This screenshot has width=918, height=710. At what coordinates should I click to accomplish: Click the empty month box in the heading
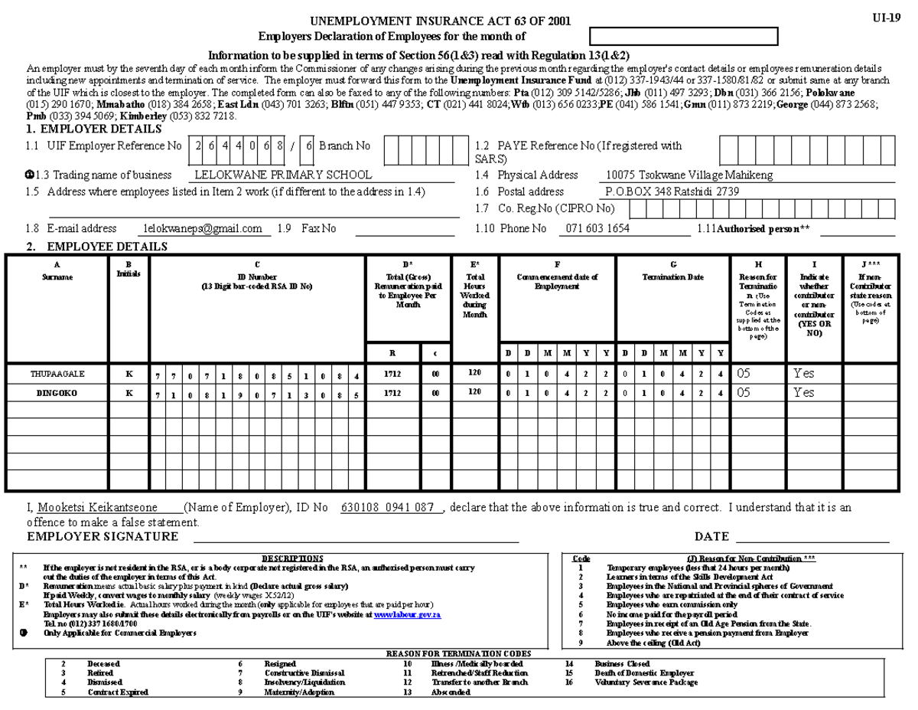click(684, 36)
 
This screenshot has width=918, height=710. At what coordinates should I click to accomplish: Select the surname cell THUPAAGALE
click(57, 375)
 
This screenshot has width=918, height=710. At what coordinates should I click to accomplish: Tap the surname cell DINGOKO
click(57, 393)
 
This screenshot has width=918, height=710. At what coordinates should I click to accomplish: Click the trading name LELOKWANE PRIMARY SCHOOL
click(283, 175)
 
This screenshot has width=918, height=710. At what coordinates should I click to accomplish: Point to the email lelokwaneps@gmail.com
click(203, 228)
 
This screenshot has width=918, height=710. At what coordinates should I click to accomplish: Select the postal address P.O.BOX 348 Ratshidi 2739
click(672, 192)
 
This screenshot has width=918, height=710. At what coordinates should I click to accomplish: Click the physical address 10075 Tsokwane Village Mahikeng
click(688, 175)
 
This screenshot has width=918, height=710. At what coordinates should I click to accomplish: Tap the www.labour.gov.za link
click(406, 614)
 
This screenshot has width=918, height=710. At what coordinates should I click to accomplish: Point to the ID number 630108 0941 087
click(388, 508)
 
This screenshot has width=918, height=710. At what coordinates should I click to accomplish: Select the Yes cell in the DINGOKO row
click(804, 393)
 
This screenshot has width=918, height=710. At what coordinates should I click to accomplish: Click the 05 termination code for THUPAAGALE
click(744, 375)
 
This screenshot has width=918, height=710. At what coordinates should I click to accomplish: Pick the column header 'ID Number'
click(257, 277)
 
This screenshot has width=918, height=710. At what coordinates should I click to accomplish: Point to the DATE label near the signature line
click(711, 537)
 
